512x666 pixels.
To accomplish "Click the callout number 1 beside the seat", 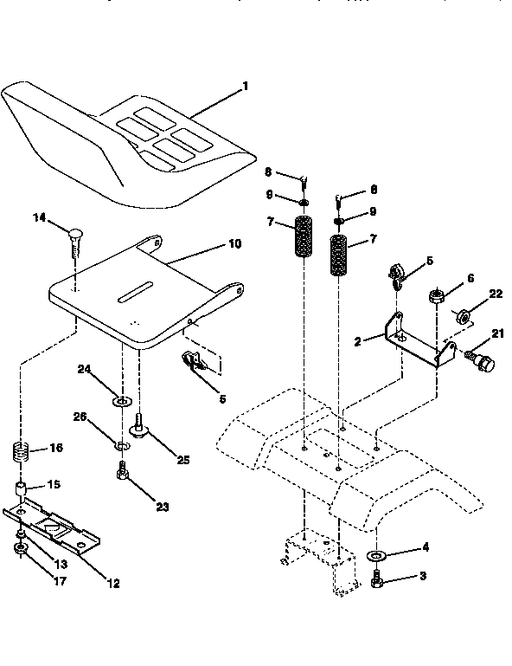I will (245, 86).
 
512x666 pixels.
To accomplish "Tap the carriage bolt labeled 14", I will (74, 238).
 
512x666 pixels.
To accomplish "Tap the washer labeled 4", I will (378, 555).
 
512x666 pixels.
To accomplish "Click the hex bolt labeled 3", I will (379, 576).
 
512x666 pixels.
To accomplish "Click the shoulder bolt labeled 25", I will (138, 426).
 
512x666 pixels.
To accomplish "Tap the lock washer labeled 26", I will (121, 446).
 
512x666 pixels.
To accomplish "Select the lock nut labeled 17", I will (20, 548).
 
